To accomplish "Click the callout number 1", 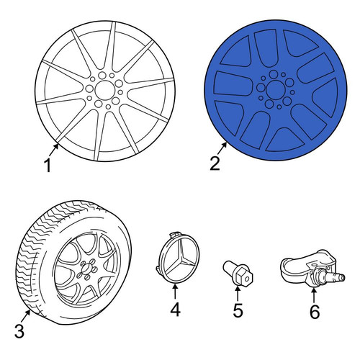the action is coord(48,166).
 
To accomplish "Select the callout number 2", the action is coord(215,163).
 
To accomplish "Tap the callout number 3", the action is coord(19,331).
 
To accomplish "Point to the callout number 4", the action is coord(175,310).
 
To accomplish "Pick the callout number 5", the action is coord(238,310).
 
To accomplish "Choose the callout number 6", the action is coord(315,312).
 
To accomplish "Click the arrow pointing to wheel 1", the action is coord(53,150).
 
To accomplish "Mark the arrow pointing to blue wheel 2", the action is coord(222,148).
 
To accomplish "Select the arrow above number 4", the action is coord(175,291).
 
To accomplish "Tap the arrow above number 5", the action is coord(238,294).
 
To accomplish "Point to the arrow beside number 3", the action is coord(25,316).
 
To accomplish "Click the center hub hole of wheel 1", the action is coord(104,90).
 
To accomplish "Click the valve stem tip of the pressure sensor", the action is coord(342,277).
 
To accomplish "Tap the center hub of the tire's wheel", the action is coord(86,269).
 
